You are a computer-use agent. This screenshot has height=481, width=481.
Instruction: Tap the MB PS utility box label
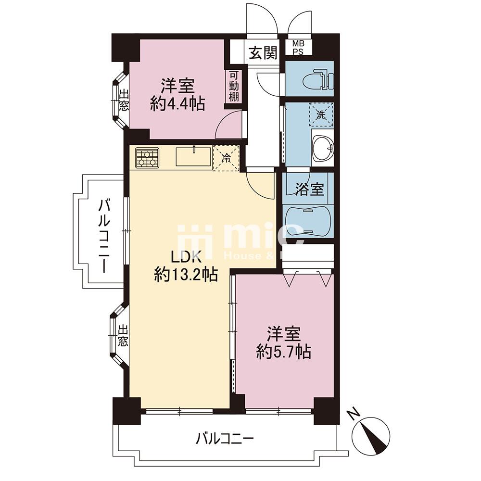[x=298, y=48]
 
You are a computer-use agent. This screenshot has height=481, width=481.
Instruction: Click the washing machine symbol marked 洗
[x=322, y=115]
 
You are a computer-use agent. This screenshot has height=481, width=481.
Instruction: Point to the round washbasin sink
[x=322, y=148]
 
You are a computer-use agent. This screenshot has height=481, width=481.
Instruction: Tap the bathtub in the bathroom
[x=308, y=222]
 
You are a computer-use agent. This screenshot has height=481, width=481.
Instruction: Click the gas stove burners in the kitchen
[x=147, y=157]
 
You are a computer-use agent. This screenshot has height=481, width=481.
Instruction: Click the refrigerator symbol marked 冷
[x=227, y=157]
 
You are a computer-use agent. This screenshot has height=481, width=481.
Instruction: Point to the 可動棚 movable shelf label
[x=234, y=87]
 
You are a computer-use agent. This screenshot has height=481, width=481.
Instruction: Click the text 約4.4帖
[x=177, y=104]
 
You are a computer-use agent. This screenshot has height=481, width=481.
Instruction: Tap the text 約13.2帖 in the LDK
[x=185, y=275]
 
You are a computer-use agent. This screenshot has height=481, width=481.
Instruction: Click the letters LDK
[x=181, y=255]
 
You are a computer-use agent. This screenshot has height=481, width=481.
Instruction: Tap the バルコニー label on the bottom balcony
[x=225, y=439]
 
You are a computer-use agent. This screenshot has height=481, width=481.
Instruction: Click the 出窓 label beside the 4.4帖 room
[x=124, y=101]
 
